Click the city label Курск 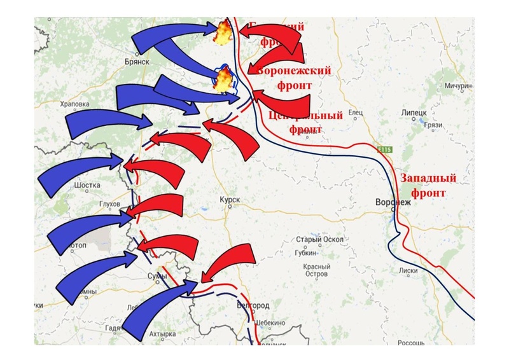tap(230, 200)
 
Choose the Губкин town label tap(303, 252)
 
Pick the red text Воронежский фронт tap(294, 77)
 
